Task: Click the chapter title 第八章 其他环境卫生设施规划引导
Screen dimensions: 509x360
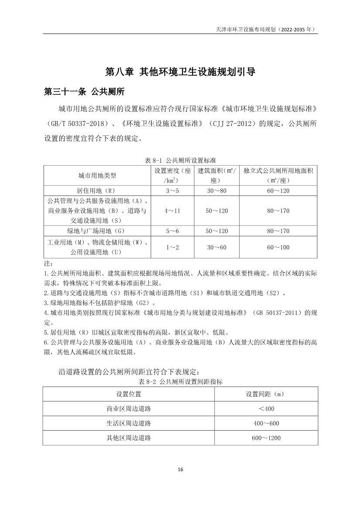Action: pos(180,71)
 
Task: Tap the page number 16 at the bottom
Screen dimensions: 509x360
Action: pos(180,469)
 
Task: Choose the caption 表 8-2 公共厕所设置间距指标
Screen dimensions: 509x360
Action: pos(180,382)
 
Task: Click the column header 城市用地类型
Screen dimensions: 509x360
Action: pos(97,175)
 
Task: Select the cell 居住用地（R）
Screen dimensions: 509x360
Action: pos(97,191)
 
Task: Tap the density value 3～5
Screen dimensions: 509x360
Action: pos(172,191)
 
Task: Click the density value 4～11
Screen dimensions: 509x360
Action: pos(172,211)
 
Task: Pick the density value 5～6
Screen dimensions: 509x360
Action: pos(172,231)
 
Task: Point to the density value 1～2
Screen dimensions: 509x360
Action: pos(172,247)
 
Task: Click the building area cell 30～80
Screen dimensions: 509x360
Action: pos(217,191)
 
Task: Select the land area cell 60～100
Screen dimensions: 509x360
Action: pos(278,247)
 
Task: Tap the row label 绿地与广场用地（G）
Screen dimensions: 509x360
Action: pos(97,231)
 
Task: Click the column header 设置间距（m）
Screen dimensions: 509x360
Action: pos(266,394)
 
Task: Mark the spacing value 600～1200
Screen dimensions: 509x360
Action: pos(266,438)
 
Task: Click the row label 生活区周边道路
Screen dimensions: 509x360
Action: pos(129,423)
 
